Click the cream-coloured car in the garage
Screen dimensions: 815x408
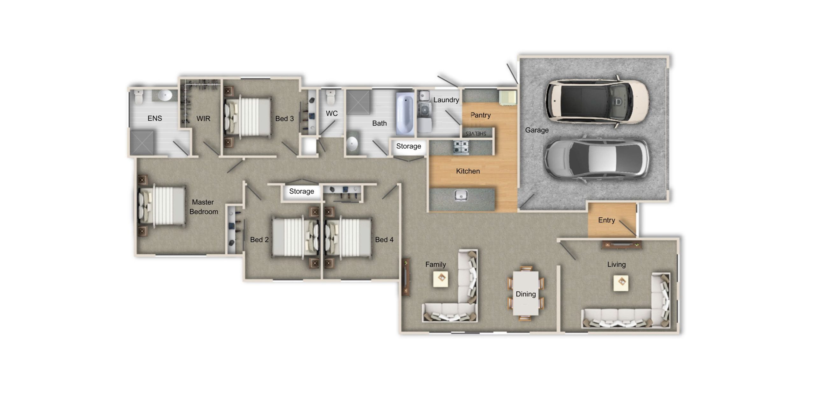(x=597, y=101)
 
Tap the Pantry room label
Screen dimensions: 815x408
(x=480, y=115)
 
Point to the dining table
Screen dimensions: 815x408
(x=526, y=293)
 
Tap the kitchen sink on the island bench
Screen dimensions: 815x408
(x=461, y=195)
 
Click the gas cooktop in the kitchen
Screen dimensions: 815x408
(x=461, y=147)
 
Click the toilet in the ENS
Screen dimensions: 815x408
(x=139, y=97)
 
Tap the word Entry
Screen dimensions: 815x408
(x=606, y=220)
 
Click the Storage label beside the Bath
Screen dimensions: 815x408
(x=408, y=146)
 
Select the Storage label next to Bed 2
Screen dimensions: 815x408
(x=301, y=191)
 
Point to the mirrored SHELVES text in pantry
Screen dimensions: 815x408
(x=476, y=134)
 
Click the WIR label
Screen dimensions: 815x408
(x=203, y=119)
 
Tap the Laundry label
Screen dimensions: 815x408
(x=446, y=100)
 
